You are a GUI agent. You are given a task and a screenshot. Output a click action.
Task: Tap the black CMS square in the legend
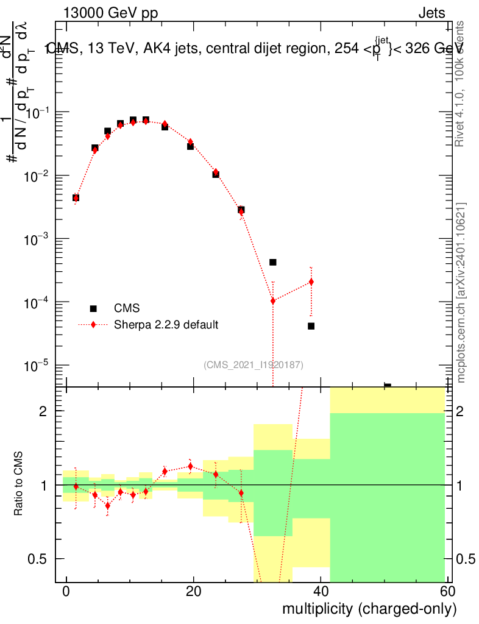pyautogui.click(x=93, y=308)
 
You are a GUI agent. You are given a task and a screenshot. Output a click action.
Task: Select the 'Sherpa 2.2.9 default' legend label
pyautogui.click(x=166, y=324)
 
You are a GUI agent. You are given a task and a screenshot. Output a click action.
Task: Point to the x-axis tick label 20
pyautogui.click(x=193, y=592)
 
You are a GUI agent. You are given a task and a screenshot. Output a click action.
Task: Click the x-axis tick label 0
pyautogui.click(x=66, y=592)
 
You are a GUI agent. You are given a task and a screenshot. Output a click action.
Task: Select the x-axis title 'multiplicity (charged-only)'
pyautogui.click(x=369, y=609)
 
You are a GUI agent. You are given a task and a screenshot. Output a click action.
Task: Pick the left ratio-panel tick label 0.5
pyautogui.click(x=38, y=559)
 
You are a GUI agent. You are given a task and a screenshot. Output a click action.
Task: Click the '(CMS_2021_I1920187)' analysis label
pyautogui.click(x=254, y=365)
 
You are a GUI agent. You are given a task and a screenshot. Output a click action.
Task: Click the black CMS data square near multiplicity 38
pyautogui.click(x=311, y=326)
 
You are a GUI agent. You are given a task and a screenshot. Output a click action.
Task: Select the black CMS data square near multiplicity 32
pyautogui.click(x=273, y=262)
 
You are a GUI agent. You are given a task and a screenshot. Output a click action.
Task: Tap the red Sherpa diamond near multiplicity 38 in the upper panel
pyautogui.click(x=311, y=282)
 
